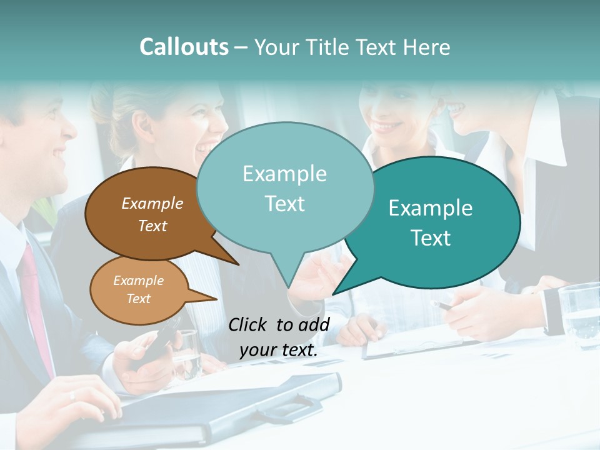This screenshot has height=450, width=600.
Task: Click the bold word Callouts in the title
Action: pos(184,47)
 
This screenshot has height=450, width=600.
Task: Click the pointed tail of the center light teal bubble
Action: pos(287,275)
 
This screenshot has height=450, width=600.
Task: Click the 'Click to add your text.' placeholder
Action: pos(279,337)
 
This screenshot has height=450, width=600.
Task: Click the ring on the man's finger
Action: pos(72,395)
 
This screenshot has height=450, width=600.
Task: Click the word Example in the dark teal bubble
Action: pos(431,208)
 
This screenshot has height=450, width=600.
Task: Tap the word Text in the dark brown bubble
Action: pos(152,226)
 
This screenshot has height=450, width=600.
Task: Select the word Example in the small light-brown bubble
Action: pos(138,281)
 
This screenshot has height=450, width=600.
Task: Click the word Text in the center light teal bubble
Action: pos(284,204)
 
